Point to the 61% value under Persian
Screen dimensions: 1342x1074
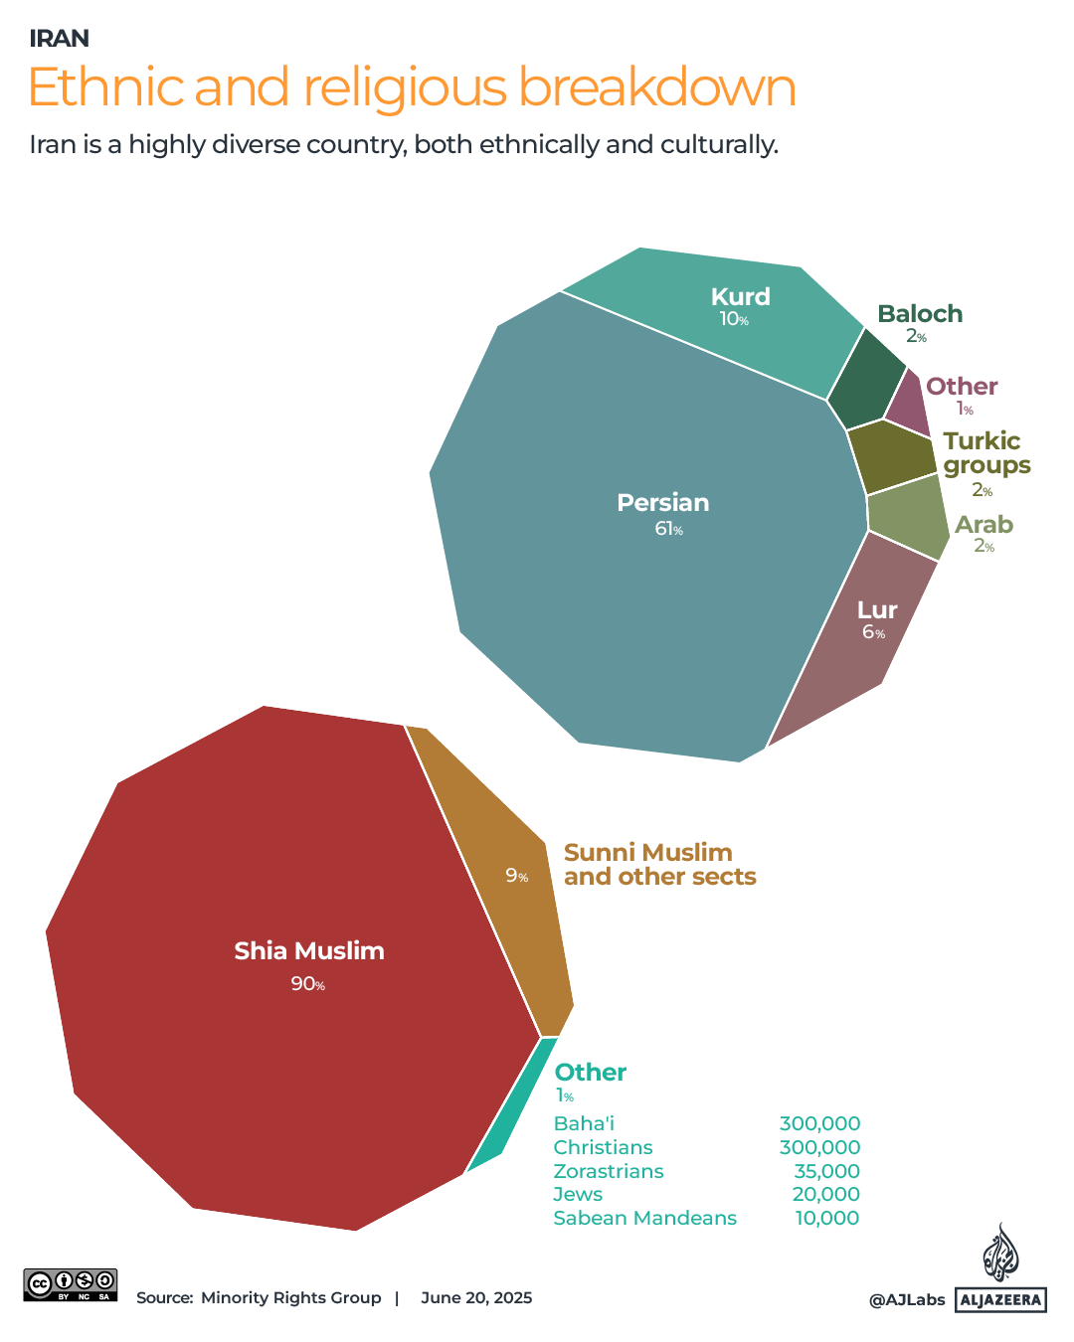pyautogui.click(x=668, y=529)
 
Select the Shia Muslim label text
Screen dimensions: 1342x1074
pyautogui.click(x=309, y=951)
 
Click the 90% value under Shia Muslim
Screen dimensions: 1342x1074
pyautogui.click(x=307, y=984)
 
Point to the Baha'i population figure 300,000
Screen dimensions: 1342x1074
pyautogui.click(x=819, y=1123)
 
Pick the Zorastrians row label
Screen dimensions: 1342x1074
pyautogui.click(x=608, y=1171)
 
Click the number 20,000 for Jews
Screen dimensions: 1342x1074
pyautogui.click(x=825, y=1194)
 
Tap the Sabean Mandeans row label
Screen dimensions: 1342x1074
pyautogui.click(x=644, y=1218)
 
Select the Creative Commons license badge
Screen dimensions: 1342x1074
pyautogui.click(x=71, y=1284)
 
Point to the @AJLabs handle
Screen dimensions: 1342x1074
pyautogui.click(x=907, y=1299)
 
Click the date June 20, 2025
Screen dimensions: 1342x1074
pyautogui.click(x=476, y=1297)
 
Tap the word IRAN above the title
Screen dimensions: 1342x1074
pyautogui.click(x=59, y=38)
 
